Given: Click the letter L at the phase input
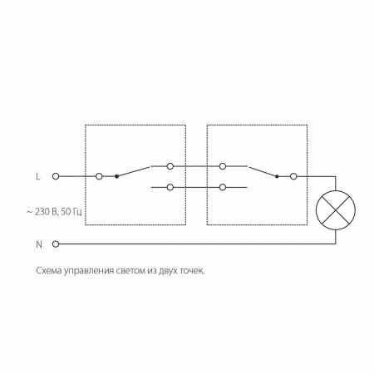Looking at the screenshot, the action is pos(38,176).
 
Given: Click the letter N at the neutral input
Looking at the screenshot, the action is pos(39,244).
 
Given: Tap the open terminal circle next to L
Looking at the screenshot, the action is pos(56,176).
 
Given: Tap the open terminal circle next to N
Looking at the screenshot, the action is pos(56,244).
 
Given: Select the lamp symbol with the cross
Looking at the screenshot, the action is pos(336,210).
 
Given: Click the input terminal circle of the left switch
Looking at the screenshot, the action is pos(99,176).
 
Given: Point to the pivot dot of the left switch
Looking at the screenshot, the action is pos(116,176).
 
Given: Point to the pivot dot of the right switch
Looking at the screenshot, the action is pos(277,176).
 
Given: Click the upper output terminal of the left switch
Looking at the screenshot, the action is pos(170,166).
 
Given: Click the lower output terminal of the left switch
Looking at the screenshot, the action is pos(170,188).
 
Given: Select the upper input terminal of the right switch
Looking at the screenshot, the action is pos(223,166).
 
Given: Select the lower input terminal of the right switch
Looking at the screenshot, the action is pos(223,188).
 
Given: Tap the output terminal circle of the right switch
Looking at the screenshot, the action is pos(293,176).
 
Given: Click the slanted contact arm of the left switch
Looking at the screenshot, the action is pos(133,171).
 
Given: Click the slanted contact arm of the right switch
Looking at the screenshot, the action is pos(263,171).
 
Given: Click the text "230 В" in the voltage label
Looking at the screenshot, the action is pos(46,212).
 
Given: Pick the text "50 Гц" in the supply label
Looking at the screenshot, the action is pos(71,212).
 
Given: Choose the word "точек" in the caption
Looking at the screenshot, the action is pos(192,271).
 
